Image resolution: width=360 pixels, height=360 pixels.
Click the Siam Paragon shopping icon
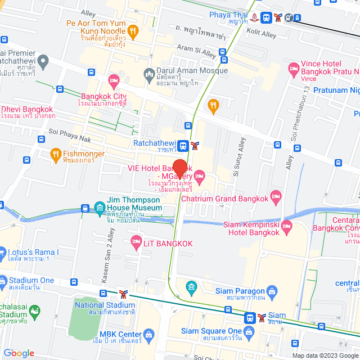point(272,291)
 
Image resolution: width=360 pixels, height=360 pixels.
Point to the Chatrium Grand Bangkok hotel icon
point(276,197)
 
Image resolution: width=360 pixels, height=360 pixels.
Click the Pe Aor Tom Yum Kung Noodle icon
point(133,30)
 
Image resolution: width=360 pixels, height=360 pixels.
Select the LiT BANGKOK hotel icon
point(136,243)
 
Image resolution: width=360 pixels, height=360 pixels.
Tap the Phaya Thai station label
point(228,15)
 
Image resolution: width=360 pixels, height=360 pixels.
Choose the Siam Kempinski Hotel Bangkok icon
point(287,228)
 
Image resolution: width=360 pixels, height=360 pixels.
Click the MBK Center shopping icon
point(148,336)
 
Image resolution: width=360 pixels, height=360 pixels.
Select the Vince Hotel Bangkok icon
point(294,70)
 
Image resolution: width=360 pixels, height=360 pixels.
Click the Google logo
point(18,353)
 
